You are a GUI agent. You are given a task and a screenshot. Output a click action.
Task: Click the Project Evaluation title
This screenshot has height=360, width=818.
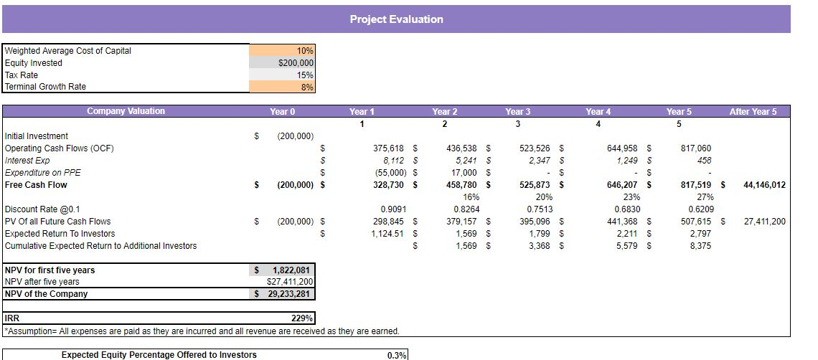(396, 19)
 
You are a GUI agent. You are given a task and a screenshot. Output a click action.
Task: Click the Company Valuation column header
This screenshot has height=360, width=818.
(126, 111)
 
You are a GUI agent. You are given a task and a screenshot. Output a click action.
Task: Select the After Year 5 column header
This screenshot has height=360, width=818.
(753, 111)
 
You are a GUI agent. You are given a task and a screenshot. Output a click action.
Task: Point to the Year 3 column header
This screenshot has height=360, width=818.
(518, 111)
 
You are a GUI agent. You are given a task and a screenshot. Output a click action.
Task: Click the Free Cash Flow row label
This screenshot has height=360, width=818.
(36, 185)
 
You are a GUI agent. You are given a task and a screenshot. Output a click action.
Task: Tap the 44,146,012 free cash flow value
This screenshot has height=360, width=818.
(764, 185)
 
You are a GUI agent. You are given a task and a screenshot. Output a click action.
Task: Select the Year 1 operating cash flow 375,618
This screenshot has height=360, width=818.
(390, 148)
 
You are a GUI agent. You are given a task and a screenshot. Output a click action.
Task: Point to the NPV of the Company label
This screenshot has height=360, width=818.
(46, 294)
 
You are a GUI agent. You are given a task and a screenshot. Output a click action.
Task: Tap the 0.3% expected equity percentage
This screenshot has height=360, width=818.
(397, 355)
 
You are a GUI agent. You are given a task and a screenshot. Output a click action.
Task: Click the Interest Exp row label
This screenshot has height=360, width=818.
(27, 161)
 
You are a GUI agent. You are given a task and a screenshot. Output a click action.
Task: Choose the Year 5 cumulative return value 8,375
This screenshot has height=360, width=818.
(699, 246)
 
